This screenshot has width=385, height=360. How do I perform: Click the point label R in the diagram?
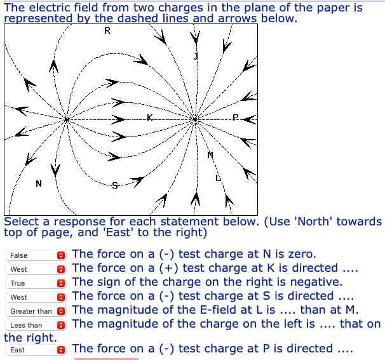(x=107, y=30)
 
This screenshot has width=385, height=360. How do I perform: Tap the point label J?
(x=196, y=57)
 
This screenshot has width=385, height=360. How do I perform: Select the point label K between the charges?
(x=150, y=117)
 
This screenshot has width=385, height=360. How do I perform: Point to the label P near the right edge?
(x=235, y=117)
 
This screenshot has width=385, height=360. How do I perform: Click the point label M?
(x=210, y=155)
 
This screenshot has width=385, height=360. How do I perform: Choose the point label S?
(x=115, y=185)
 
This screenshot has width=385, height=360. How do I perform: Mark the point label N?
(x=39, y=184)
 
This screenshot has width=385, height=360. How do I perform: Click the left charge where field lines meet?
(x=67, y=119)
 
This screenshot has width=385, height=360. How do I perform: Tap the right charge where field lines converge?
(x=194, y=119)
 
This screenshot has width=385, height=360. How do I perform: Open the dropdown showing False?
(x=36, y=255)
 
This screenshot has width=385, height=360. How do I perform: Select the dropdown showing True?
(x=36, y=283)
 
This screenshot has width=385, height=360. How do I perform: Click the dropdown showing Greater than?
(x=36, y=311)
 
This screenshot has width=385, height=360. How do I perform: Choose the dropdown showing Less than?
(x=36, y=325)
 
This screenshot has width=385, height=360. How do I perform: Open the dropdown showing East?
(x=36, y=349)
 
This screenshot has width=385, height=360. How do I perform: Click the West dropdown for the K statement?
(x=36, y=269)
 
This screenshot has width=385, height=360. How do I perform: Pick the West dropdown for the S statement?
(x=36, y=297)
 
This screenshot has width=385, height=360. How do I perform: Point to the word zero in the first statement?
(x=302, y=254)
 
